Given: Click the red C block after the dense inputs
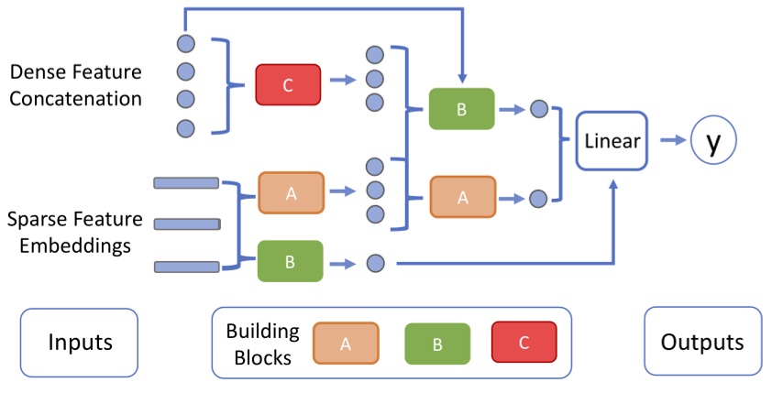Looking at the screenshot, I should click(x=288, y=84).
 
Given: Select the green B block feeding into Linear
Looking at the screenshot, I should click(x=461, y=109).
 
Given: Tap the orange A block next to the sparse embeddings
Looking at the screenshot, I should click(x=291, y=192).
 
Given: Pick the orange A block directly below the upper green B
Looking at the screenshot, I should click(x=462, y=197).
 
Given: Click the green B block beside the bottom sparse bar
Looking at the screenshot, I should click(x=290, y=261).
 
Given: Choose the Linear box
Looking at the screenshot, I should click(x=612, y=140).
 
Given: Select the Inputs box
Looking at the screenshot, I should click(x=80, y=343).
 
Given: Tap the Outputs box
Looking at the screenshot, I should click(x=702, y=343).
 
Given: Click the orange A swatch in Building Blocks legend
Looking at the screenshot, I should click(x=346, y=344).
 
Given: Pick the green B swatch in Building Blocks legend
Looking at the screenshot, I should click(x=437, y=344).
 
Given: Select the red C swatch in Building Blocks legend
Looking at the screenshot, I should click(x=524, y=343).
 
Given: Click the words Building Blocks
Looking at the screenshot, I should click(x=259, y=344).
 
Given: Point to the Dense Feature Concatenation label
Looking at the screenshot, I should click(x=75, y=84).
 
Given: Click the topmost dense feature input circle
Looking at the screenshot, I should click(x=185, y=43).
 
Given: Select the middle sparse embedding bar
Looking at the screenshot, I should click(x=187, y=224).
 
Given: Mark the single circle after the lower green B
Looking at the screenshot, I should click(x=374, y=264).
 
